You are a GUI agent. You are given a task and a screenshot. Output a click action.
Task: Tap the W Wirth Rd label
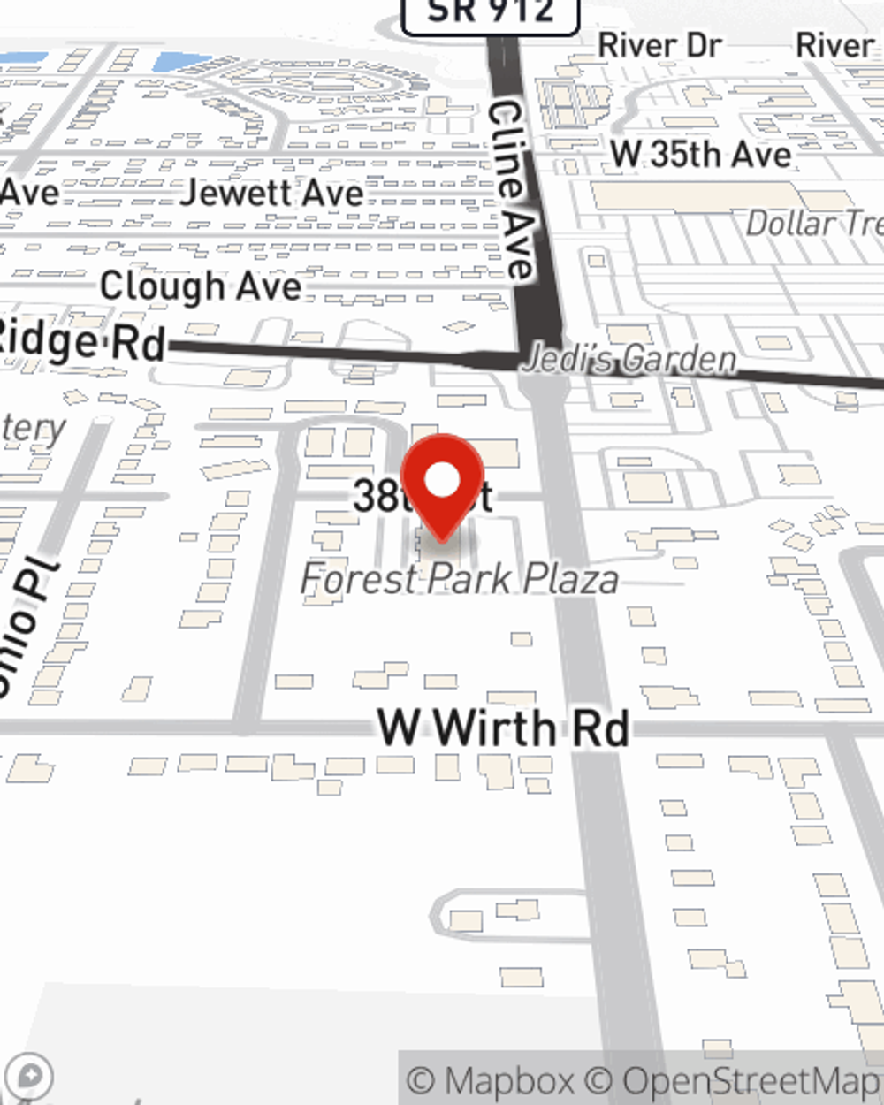503,728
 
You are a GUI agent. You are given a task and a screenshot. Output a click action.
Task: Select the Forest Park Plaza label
459,580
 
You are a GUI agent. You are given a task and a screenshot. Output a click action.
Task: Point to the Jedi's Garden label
629,360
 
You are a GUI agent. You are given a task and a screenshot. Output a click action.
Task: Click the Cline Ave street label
512,190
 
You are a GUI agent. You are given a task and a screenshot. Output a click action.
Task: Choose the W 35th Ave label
700,155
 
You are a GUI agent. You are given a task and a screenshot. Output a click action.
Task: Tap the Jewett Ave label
271,193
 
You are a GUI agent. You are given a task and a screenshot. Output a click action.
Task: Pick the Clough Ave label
201,286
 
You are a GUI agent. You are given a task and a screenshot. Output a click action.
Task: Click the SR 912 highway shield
491,12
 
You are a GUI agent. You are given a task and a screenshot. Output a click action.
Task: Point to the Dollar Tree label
813,224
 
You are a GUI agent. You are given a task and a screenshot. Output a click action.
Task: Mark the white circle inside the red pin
442,480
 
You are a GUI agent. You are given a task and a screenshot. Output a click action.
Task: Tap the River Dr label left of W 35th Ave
659,46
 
